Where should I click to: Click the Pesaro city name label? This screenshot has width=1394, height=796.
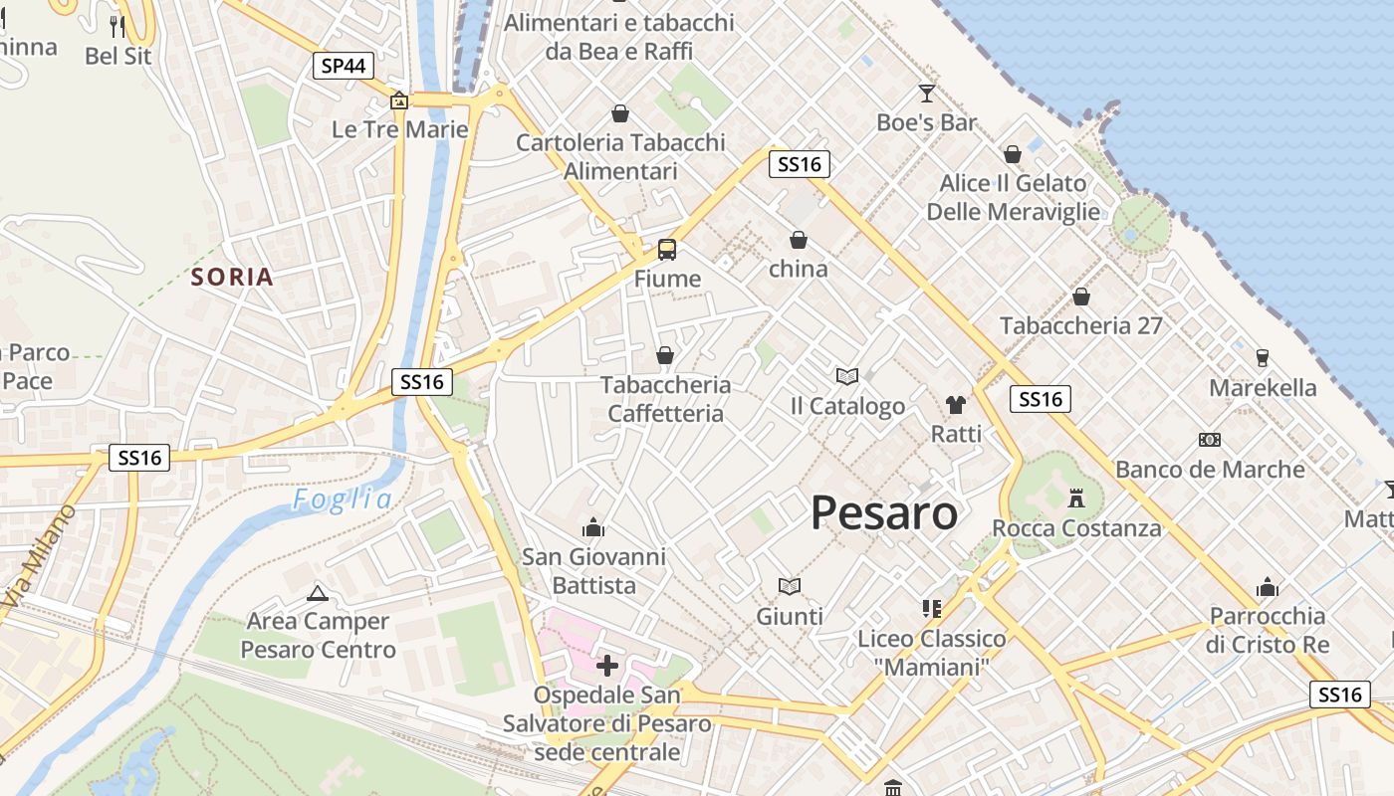click(884, 513)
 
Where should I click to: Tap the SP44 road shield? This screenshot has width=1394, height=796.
click(343, 67)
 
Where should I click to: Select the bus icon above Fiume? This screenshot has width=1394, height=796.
click(666, 250)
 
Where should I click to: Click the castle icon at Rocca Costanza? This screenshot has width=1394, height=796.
click(1075, 497)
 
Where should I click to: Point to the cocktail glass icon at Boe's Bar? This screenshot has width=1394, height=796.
click(927, 94)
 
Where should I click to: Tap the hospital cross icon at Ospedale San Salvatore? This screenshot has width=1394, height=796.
click(606, 665)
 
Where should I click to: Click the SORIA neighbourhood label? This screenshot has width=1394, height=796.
click(232, 277)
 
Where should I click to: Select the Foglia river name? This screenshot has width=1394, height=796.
click(342, 499)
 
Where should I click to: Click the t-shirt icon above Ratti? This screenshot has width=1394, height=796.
click(956, 404)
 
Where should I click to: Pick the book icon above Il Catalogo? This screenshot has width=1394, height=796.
click(847, 376)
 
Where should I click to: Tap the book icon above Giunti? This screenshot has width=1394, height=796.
click(790, 586)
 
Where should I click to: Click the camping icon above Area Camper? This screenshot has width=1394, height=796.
click(318, 593)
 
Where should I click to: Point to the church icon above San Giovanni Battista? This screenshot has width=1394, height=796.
click(593, 526)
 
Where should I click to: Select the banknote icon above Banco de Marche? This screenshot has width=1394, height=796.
click(1210, 439)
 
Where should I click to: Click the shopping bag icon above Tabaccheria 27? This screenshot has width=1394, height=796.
click(1081, 297)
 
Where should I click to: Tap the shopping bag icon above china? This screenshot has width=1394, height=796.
click(799, 240)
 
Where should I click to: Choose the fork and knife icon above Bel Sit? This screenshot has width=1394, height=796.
click(117, 26)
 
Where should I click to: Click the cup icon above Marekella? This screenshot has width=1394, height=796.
click(1263, 357)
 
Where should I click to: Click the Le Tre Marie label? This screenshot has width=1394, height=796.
click(400, 129)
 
